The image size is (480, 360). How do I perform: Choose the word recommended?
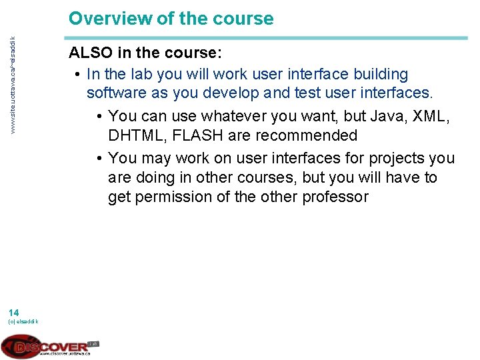pyautogui.click(x=307, y=135)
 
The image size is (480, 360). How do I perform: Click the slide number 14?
pyautogui.click(x=13, y=312)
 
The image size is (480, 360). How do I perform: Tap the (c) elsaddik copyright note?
pyautogui.click(x=23, y=322)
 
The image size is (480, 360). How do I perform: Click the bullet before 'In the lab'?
pyautogui.click(x=78, y=74)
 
